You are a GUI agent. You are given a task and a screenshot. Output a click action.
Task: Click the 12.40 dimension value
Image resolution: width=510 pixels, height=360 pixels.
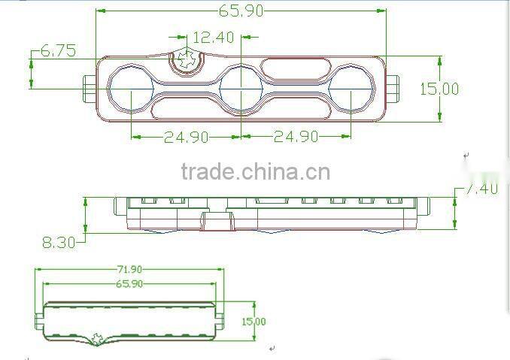[213, 37]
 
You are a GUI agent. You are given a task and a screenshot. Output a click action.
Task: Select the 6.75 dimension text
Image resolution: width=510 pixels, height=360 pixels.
[57, 51]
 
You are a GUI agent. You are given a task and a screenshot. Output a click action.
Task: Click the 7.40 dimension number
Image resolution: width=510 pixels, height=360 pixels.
[481, 189]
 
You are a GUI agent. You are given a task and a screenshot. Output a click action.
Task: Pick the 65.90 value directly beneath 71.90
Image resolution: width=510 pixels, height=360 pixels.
[129, 283]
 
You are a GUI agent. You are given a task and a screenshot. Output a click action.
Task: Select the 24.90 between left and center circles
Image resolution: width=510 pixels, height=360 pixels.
[187, 137]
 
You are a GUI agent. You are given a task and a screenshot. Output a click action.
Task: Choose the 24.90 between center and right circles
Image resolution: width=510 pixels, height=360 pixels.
[296, 137]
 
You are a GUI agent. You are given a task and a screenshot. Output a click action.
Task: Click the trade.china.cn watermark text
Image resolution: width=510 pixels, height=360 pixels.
[255, 172]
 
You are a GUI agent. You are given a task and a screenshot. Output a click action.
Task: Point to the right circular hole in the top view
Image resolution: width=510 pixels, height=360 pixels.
[351, 89]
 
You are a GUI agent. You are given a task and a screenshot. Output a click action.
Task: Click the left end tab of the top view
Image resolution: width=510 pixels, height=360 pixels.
[88, 89]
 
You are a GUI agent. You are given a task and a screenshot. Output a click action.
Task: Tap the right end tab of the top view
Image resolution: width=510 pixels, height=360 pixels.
[393, 89]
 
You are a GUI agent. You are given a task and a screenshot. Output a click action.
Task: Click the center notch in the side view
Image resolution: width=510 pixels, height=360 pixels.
[217, 220]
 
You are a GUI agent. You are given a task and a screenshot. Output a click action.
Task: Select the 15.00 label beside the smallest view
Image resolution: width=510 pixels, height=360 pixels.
[253, 322]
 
